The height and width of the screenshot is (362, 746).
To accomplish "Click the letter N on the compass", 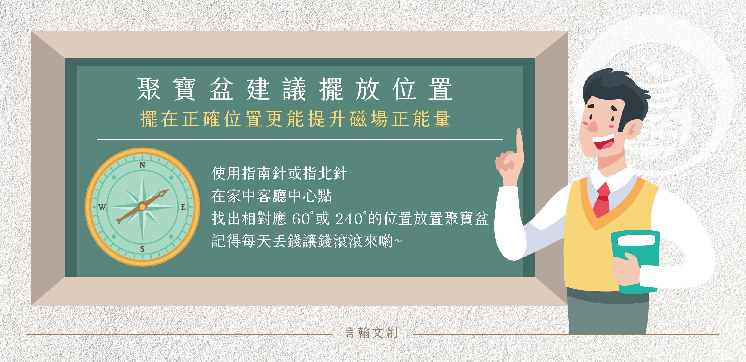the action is pyautogui.click(x=143, y=165).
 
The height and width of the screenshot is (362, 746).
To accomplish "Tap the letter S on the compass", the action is pyautogui.click(x=143, y=249).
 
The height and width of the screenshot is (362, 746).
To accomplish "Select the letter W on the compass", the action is pyautogui.click(x=102, y=207).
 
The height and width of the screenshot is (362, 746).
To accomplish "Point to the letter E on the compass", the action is pyautogui.click(x=183, y=207).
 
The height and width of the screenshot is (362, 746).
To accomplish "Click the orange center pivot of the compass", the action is pyautogui.click(x=143, y=207).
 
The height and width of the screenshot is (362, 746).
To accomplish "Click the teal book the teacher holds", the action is pyautogui.click(x=634, y=261).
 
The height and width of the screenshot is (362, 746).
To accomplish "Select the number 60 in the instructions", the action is pyautogui.click(x=301, y=219).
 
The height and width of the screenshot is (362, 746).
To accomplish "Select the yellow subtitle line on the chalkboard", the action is pyautogui.click(x=296, y=119).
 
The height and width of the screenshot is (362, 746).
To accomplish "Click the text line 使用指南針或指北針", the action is pyautogui.click(x=279, y=174).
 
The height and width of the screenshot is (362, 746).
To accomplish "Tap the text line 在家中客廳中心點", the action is pyautogui.click(x=272, y=196).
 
